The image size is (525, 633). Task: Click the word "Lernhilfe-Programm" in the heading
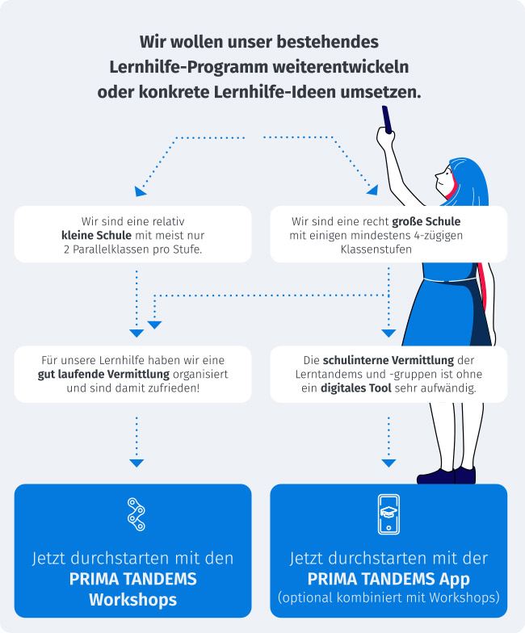pyautogui.click(x=189, y=68)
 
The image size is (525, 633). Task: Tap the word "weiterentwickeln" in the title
pyautogui.click(x=341, y=66)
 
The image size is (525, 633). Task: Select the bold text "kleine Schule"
pyautogui.click(x=97, y=235)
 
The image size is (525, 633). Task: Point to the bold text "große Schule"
pyautogui.click(x=426, y=221)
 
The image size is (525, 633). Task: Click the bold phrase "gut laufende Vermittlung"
pyautogui.click(x=103, y=375)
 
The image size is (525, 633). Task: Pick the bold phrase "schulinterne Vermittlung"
pyautogui.click(x=388, y=360)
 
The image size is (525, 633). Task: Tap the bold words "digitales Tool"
pyautogui.click(x=355, y=388)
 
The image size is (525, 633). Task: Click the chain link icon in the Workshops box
pyautogui.click(x=136, y=514)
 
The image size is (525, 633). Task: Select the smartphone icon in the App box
pyautogui.click(x=388, y=514)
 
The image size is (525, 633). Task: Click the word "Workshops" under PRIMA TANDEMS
pyautogui.click(x=132, y=599)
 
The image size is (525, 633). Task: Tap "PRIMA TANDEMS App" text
pyautogui.click(x=388, y=579)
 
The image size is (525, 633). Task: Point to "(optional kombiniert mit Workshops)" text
pyautogui.click(x=388, y=597)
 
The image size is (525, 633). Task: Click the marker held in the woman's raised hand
pyautogui.click(x=387, y=119)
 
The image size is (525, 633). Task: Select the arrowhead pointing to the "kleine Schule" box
pyautogui.click(x=140, y=191)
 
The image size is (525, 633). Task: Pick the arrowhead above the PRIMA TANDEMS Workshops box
pyautogui.click(x=136, y=463)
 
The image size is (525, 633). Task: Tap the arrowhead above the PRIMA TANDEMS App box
pyautogui.click(x=388, y=463)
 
